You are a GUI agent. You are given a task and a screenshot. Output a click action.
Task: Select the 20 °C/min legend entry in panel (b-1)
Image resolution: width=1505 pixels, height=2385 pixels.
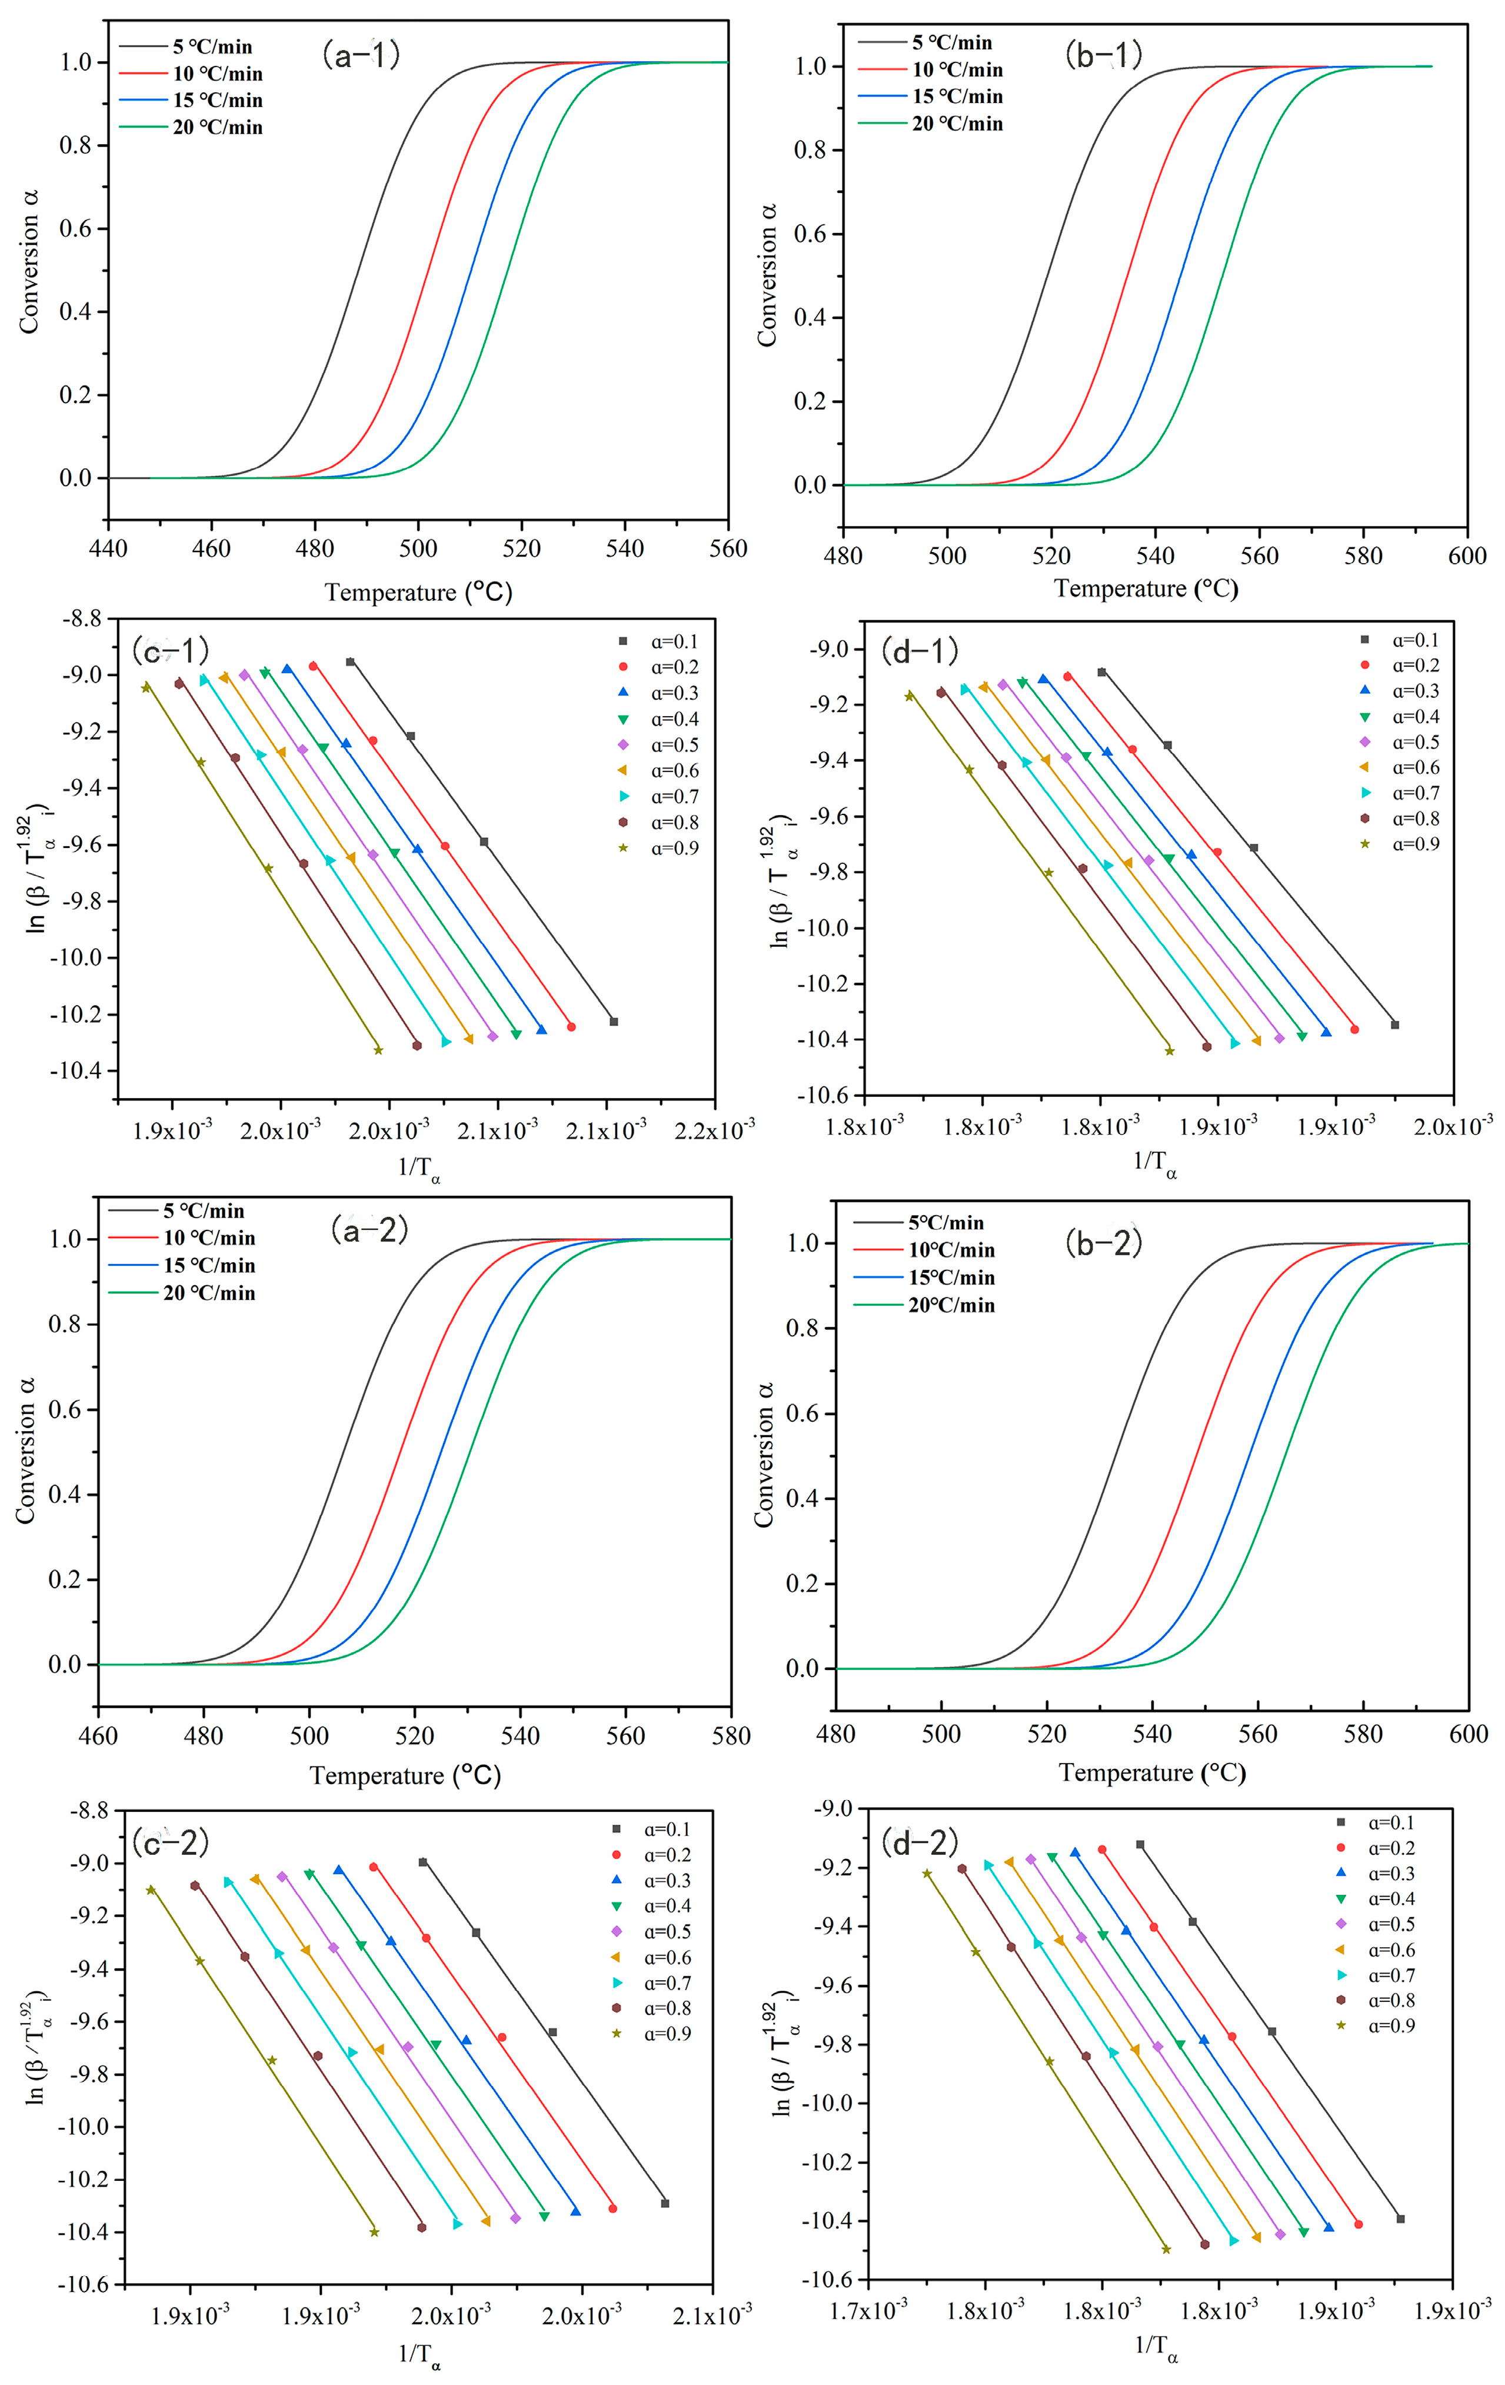click(957, 124)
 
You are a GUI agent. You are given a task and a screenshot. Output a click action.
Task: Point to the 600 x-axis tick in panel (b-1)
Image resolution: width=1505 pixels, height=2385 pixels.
click(1466, 555)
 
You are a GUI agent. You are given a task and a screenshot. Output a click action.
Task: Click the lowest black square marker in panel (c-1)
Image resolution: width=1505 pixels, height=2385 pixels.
click(614, 1021)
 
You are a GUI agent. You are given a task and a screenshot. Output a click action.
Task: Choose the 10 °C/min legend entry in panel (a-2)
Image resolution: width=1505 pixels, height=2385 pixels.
click(209, 1238)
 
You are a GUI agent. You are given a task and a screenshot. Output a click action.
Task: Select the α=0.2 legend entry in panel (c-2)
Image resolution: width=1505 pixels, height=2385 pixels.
click(667, 1855)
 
